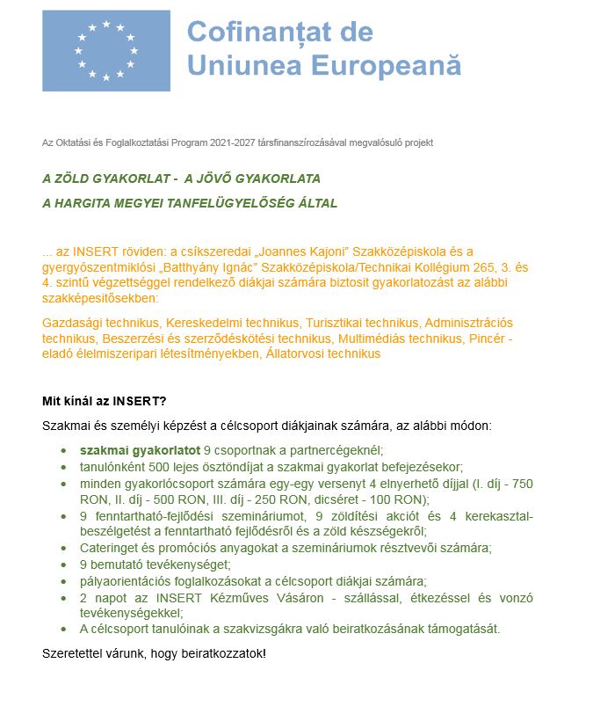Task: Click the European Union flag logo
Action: pos(106,50)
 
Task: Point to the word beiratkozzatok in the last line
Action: pos(219,655)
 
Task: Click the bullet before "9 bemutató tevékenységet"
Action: pos(63,565)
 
